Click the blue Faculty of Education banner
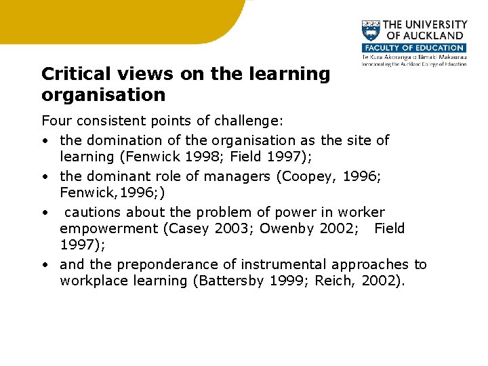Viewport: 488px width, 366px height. point(413,48)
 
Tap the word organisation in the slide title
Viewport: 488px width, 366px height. point(103,94)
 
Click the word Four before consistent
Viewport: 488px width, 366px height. point(55,121)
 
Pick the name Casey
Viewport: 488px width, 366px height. point(187,228)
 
